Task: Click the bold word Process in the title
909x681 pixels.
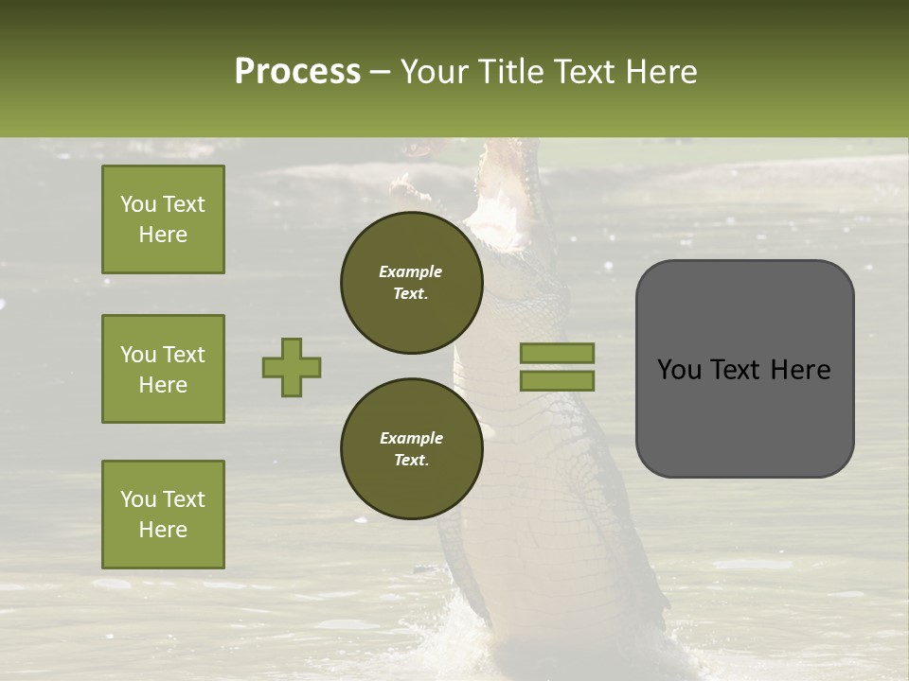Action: (297, 72)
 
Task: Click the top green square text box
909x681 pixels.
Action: (163, 219)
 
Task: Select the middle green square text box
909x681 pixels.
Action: (163, 369)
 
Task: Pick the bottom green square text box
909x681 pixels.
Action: (163, 515)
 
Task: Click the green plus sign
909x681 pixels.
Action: (292, 367)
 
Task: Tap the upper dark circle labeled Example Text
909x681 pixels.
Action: (411, 283)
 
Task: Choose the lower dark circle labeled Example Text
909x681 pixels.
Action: (411, 449)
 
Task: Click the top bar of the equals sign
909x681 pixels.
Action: (558, 353)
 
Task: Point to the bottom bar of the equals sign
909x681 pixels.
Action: (558, 380)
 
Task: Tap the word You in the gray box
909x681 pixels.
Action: (679, 370)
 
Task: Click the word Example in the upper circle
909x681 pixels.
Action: (411, 271)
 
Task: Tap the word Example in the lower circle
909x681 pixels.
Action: (411, 438)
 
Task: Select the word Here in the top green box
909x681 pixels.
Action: (163, 235)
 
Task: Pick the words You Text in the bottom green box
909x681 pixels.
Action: (163, 498)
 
